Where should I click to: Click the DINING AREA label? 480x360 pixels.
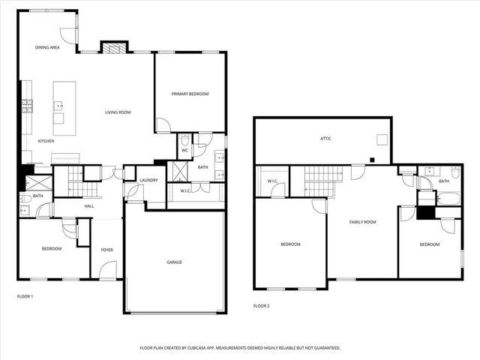point(47,47)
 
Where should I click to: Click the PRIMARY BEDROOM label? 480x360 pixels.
point(190,94)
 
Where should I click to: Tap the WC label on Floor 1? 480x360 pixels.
point(184,150)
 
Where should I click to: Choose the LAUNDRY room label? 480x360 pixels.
point(148,181)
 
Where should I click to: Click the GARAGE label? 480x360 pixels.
point(174,262)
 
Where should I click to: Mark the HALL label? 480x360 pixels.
point(89,205)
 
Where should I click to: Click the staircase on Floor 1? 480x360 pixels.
point(74,181)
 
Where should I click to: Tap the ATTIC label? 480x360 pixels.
point(325,139)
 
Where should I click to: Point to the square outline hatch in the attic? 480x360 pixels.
point(382,139)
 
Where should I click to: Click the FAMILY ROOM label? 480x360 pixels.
point(362,222)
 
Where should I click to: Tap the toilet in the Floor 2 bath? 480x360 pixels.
point(455,172)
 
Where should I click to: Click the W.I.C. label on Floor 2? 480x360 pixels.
point(272,181)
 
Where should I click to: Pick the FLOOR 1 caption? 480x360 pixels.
point(25,296)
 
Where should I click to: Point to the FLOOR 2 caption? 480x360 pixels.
point(261,306)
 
